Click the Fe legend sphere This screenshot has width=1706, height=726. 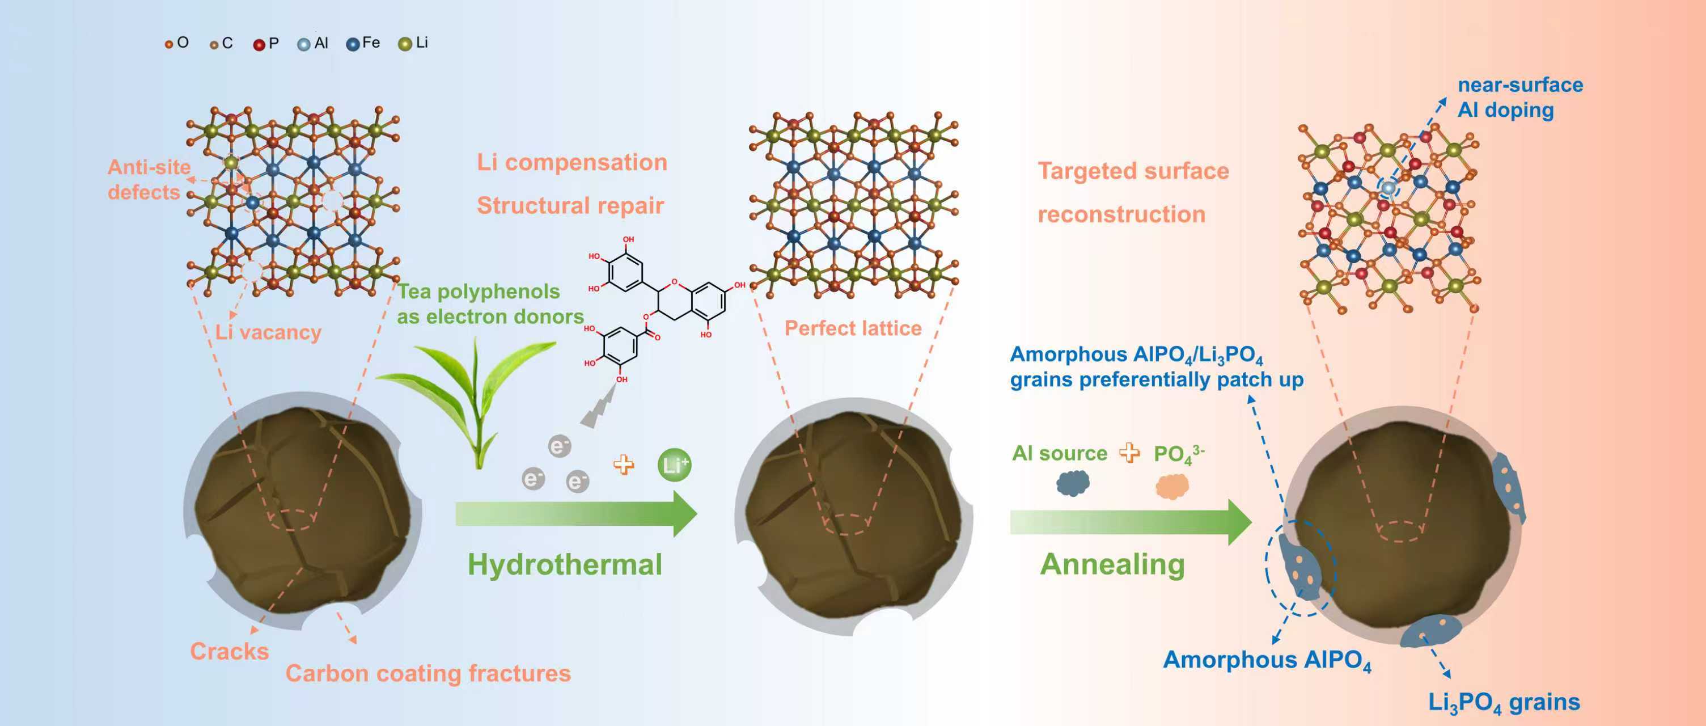click(x=353, y=44)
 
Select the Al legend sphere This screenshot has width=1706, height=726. click(x=303, y=44)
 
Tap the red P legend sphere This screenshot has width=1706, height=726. click(x=259, y=44)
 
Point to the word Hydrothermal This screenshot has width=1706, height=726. click(x=564, y=564)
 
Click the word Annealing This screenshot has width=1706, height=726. click(x=1112, y=564)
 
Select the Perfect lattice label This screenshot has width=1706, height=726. click(x=853, y=328)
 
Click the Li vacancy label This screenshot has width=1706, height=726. click(x=268, y=332)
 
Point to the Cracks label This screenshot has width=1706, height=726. click(x=229, y=651)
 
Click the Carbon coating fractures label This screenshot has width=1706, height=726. click(x=428, y=673)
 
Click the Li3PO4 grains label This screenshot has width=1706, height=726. click(x=1504, y=702)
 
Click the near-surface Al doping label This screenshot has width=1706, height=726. click(x=1520, y=97)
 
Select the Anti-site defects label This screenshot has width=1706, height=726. click(x=149, y=179)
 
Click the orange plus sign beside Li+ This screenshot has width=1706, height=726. click(x=623, y=465)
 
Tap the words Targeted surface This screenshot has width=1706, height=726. click(x=1132, y=171)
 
